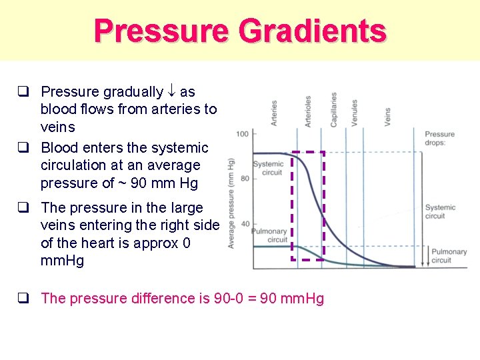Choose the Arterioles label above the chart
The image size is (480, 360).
pyautogui.click(x=308, y=110)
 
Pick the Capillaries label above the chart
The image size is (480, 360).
pyautogui.click(x=333, y=109)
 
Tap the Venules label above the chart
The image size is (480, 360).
pyautogui.click(x=355, y=112)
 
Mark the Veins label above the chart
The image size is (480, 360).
pyautogui.click(x=387, y=116)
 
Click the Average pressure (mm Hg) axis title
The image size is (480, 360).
pyautogui.click(x=231, y=203)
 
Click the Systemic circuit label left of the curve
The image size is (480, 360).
pyautogui.click(x=268, y=168)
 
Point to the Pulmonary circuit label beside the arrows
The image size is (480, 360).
pyautogui.click(x=449, y=256)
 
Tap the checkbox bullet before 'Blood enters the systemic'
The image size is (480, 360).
pyautogui.click(x=23, y=147)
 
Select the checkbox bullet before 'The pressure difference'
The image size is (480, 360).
pyautogui.click(x=23, y=299)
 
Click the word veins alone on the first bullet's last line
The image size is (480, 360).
pyautogui.click(x=58, y=127)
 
